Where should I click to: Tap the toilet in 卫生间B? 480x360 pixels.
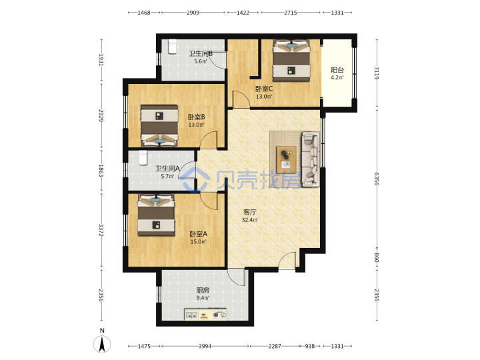coord(173,47)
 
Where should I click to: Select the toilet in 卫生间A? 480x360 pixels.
coord(143,158)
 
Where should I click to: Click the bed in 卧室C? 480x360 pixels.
coord(291,61)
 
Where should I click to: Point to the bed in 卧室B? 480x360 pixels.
coord(159,126)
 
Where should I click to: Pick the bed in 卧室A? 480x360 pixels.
coord(156,215)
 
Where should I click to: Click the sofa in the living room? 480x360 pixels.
coord(311,159)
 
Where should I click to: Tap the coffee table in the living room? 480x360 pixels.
coord(286,160)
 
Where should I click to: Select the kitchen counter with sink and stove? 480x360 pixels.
coord(205,315)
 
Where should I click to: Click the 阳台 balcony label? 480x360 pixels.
coord(337,70)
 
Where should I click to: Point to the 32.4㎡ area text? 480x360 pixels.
coord(250,220)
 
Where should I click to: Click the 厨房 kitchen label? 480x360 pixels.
coord(203,290)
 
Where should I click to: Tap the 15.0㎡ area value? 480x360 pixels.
coord(199,242)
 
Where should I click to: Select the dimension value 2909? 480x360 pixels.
coord(193,13)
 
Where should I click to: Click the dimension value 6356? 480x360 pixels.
coord(377,179)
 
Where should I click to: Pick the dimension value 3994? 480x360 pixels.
coord(205,346)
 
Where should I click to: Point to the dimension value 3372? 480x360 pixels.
coord(101,230)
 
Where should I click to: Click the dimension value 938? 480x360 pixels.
coord(310,346)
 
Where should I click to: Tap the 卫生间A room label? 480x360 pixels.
coord(167,169)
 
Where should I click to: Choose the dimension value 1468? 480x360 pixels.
coord(144,13)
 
